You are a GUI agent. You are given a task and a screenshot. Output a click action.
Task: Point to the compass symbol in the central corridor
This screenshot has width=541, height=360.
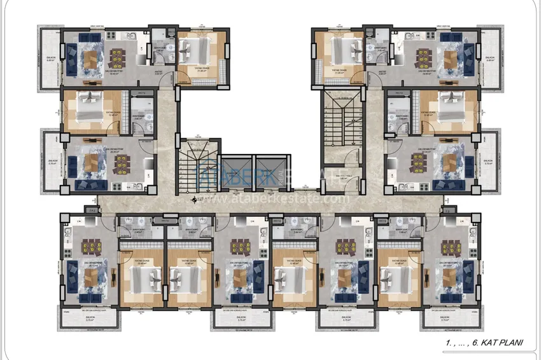point(195,202)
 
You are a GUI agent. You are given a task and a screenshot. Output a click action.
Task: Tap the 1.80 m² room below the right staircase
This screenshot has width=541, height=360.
point(344,176)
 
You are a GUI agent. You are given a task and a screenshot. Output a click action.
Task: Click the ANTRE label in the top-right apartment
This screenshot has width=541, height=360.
point(383,73)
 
